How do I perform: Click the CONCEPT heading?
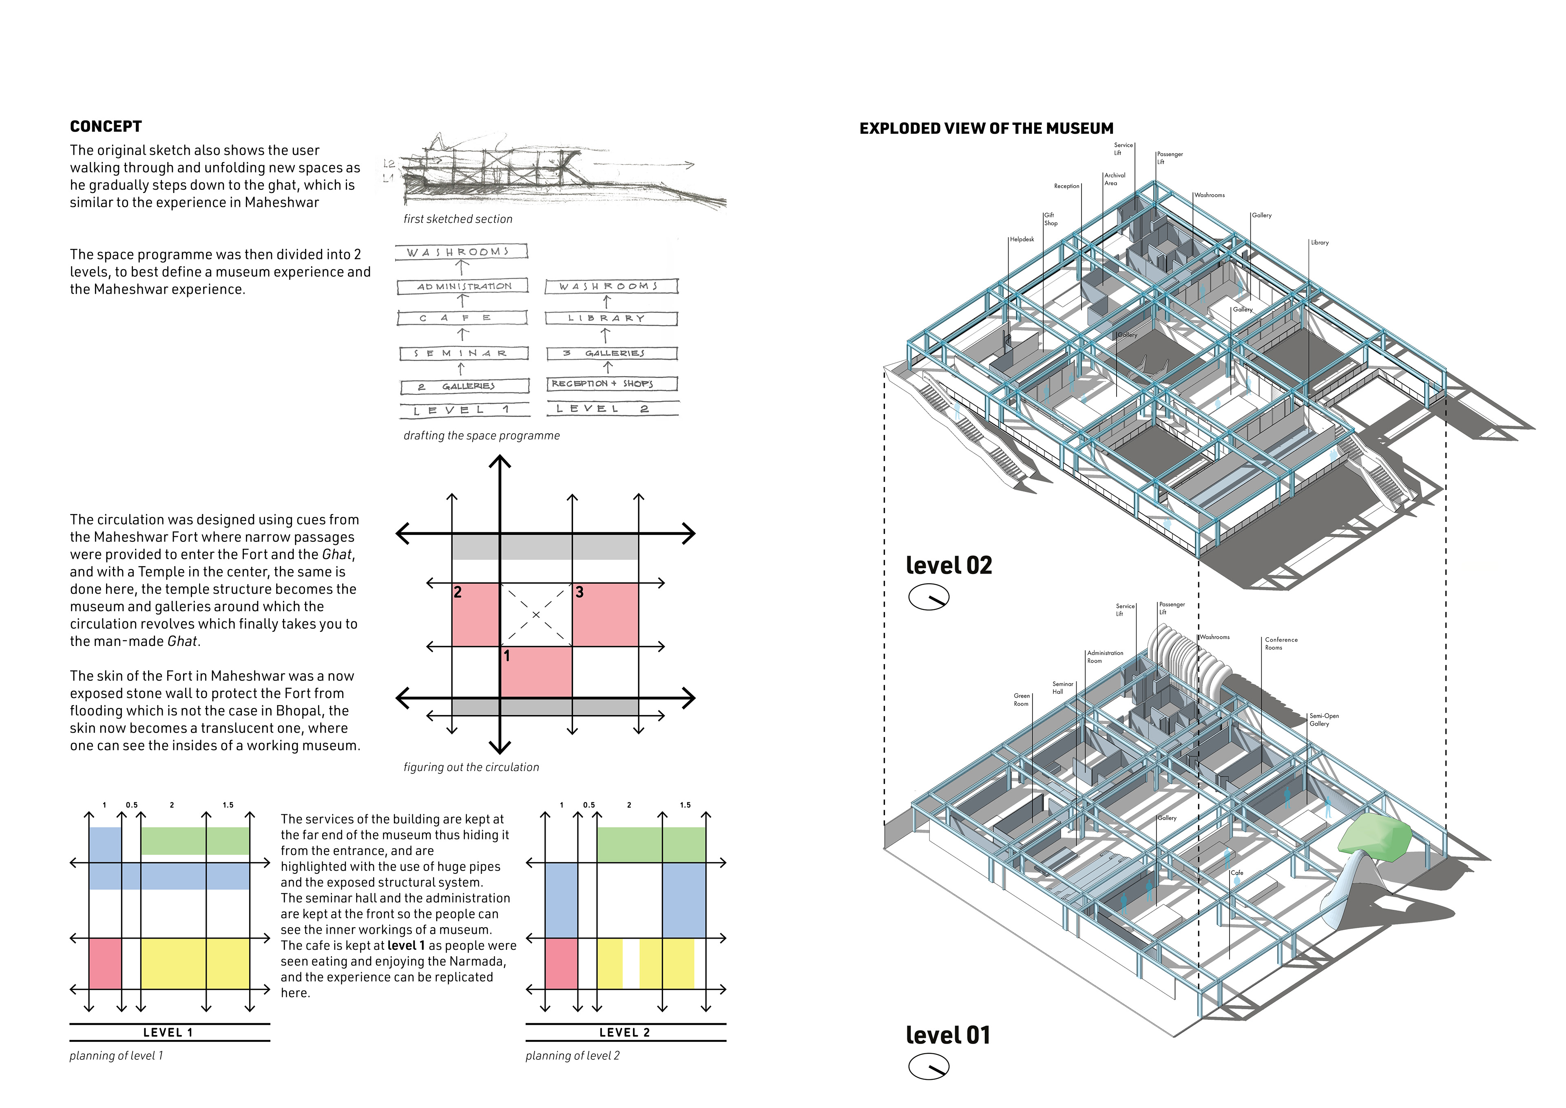coord(106,127)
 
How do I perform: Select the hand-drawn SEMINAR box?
coord(463,353)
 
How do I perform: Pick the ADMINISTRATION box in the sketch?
coord(463,286)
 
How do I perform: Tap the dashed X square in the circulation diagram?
coord(536,615)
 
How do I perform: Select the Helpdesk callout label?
coord(1022,239)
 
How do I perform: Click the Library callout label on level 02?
coord(1319,243)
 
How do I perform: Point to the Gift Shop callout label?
coord(1051,219)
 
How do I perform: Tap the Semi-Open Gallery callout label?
coord(1323,720)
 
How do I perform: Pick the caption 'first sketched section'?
coord(458,219)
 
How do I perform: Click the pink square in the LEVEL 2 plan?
coord(561,963)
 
